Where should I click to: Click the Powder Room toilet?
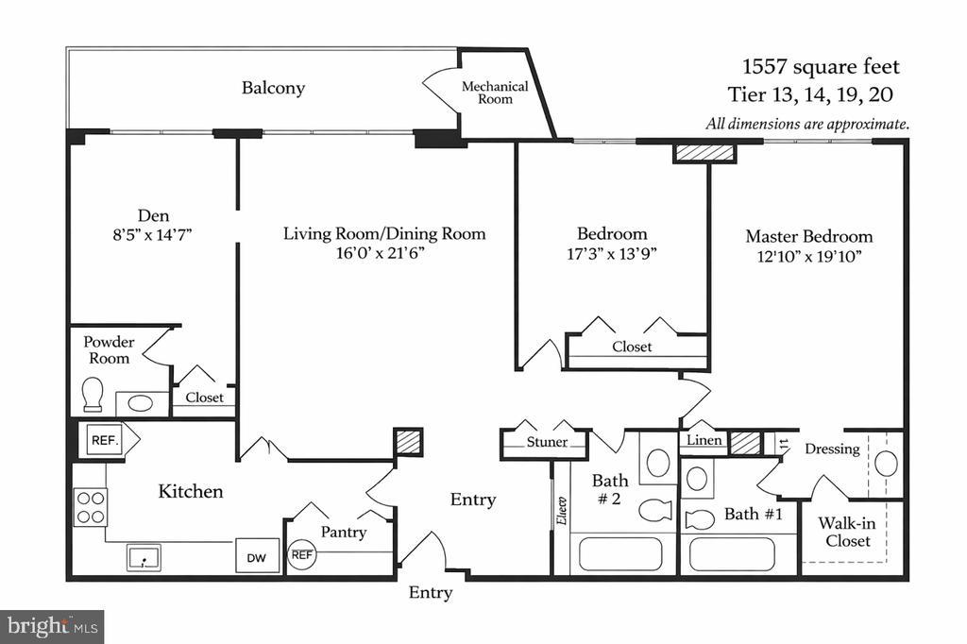93,395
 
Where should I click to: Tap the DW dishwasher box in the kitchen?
257,557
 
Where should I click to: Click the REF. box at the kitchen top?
103,439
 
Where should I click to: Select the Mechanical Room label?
494,93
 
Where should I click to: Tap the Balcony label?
273,88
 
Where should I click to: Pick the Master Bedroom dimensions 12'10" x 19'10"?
808,257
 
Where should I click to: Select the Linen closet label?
704,441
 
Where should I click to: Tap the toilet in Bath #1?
700,518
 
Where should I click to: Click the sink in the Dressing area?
886,464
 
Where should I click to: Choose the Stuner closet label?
548,442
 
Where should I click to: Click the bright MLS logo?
51,626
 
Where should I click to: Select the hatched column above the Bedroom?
704,153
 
